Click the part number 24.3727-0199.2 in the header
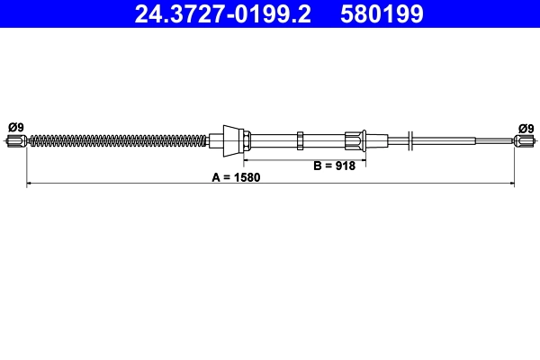(x=223, y=14)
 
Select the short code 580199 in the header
(x=382, y=14)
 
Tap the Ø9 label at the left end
(x=15, y=127)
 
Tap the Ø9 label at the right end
(x=526, y=127)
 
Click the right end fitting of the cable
(x=523, y=139)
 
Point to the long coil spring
(x=117, y=139)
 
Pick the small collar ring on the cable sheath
(x=301, y=139)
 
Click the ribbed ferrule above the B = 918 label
(x=354, y=139)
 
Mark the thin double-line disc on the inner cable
(x=410, y=139)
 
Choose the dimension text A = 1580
(x=236, y=177)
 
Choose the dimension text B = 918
(x=334, y=166)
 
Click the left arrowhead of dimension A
(x=30, y=184)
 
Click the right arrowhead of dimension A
(x=511, y=184)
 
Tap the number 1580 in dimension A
(x=247, y=177)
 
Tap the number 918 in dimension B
(x=345, y=166)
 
